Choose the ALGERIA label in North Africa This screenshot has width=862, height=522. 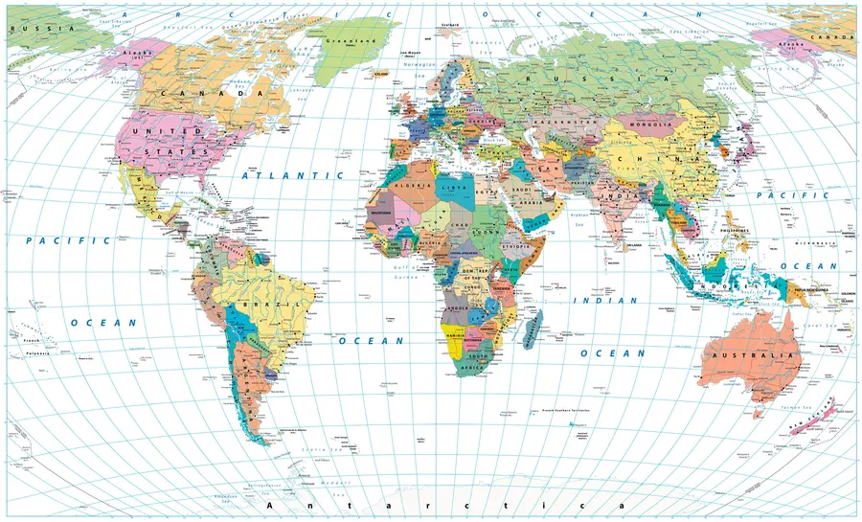coord(406,182)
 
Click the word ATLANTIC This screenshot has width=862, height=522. coord(279,176)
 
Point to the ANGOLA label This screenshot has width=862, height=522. coord(457,307)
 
